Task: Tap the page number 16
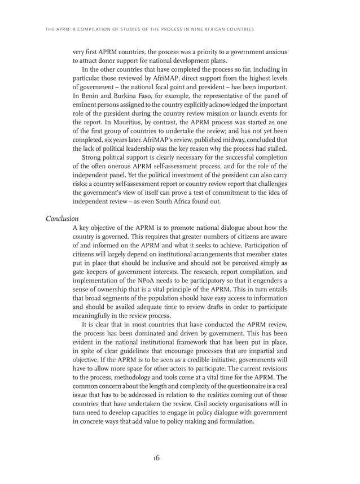point(155,457)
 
